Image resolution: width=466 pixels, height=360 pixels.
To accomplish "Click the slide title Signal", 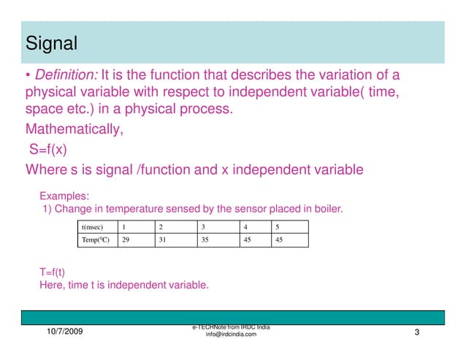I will [x=51, y=43].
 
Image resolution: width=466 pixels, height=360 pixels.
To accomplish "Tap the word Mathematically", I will [x=75, y=130].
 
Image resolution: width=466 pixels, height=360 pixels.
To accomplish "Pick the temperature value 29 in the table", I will [x=126, y=240].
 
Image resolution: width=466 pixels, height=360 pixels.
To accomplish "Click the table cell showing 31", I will [x=163, y=240].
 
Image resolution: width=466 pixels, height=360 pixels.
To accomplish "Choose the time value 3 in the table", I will [x=204, y=227].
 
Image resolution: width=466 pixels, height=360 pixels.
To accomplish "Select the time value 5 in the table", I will [x=278, y=227].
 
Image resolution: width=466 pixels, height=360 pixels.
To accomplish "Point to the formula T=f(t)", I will [x=52, y=272].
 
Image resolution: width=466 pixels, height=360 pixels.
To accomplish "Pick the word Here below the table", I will [x=51, y=286].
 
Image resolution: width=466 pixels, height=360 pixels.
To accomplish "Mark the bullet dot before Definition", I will [x=28, y=76].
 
